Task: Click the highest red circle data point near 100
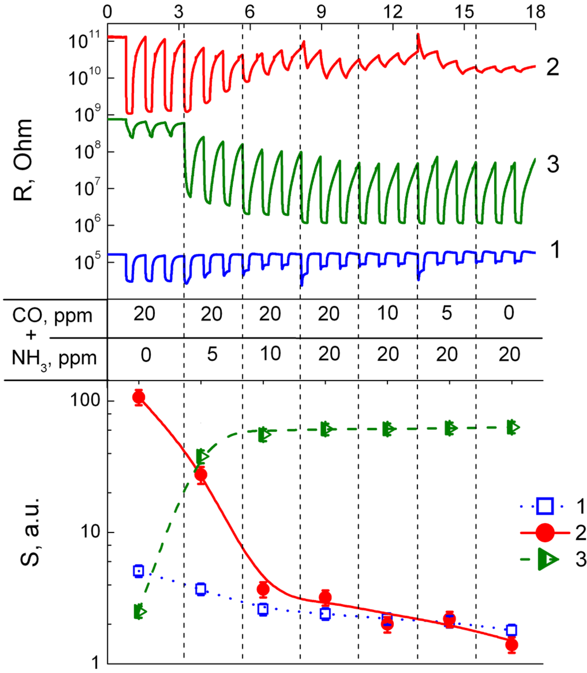point(138,397)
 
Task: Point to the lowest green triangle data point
point(139,612)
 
